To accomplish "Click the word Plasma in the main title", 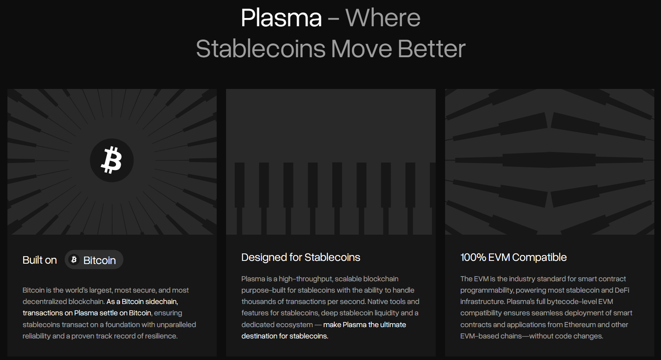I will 281,18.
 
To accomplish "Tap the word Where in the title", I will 383,18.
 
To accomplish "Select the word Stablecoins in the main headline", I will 261,49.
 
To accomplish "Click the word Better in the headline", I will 431,49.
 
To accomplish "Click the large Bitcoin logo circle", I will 112,160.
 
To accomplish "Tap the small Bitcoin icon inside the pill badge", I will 74,259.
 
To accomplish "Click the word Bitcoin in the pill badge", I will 100,261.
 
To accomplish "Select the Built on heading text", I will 40,260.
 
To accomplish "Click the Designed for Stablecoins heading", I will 301,257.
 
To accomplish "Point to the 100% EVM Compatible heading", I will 513,257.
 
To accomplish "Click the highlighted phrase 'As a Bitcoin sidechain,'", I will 142,302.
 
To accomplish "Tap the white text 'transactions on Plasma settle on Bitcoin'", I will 87,313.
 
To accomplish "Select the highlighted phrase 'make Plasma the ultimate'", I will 364,325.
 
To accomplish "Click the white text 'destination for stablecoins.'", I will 284,336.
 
